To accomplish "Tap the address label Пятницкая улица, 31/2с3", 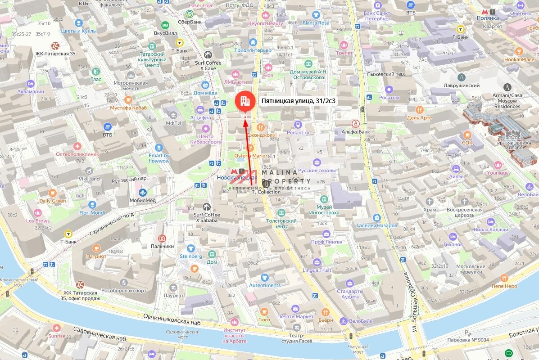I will point(299,101).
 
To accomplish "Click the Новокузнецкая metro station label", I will point(237,178).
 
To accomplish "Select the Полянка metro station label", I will point(488,18).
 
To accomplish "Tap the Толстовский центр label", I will point(281,224).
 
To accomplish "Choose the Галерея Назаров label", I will point(377,225).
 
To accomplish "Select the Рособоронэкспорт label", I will point(124,290).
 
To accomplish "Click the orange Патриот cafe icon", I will point(96,248).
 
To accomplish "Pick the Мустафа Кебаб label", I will point(128,108).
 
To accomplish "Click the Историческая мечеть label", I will point(131,85).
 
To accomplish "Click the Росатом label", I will point(389,98).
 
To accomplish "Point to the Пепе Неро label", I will point(504,286).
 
